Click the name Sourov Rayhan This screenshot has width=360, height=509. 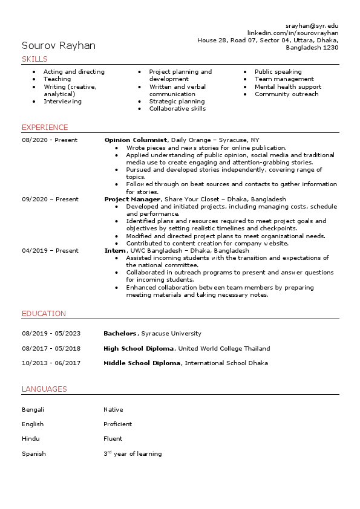click(59, 45)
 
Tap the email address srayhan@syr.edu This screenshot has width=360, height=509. click(312, 26)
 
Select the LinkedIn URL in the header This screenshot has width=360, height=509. click(293, 33)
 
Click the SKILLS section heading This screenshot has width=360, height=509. click(34, 59)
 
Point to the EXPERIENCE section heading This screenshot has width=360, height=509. click(45, 128)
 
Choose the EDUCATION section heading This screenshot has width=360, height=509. click(44, 314)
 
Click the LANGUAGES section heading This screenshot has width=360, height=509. click(44, 389)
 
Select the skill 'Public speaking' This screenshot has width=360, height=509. click(278, 72)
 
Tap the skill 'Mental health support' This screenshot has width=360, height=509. click(287, 86)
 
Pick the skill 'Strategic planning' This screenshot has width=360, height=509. click(177, 102)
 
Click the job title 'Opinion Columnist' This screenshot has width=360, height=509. click(136, 140)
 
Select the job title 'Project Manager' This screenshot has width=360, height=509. click(133, 199)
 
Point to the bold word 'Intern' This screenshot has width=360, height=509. click(115, 250)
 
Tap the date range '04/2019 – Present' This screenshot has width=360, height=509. click(50, 250)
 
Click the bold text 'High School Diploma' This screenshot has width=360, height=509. click(139, 349)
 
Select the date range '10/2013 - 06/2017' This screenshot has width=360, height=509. click(51, 363)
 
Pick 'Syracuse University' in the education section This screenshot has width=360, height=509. click(171, 334)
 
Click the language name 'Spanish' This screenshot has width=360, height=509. click(34, 454)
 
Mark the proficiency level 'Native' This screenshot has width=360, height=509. click(113, 410)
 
